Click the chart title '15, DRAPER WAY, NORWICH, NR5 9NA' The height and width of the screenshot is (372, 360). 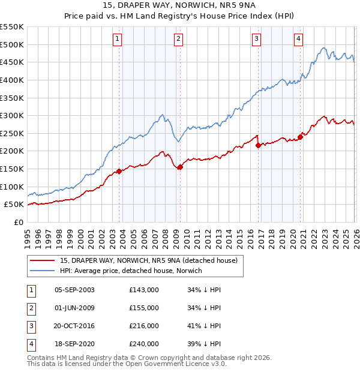(180, 5)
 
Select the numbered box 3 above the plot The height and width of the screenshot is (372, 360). (256, 40)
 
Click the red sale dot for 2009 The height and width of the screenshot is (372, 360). (180, 167)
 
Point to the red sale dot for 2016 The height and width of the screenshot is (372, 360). (258, 145)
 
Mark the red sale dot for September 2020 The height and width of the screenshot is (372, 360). (300, 137)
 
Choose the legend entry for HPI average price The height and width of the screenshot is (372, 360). (131, 271)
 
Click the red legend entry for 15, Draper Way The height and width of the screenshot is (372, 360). (149, 260)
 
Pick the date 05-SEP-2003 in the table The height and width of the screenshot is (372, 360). (74, 290)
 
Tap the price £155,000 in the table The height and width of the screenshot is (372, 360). (144, 308)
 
